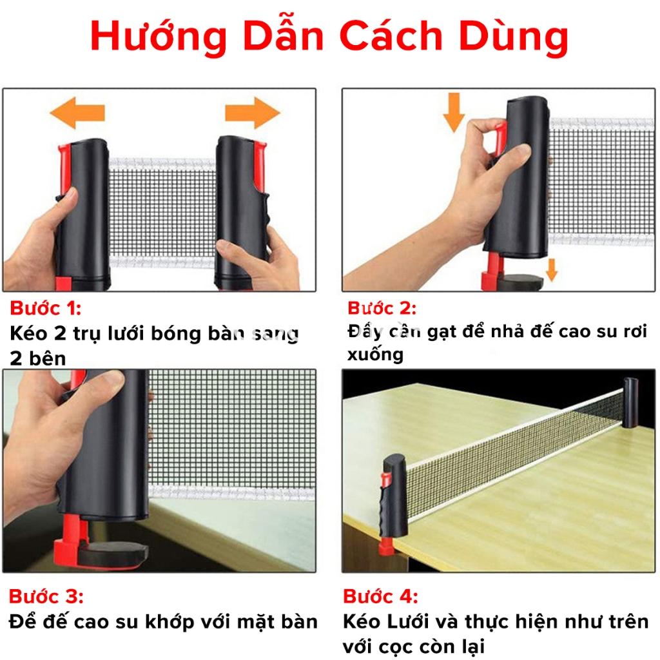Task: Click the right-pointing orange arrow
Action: tap(252, 113)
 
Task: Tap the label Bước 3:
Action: tap(46, 594)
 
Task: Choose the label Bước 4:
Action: tap(381, 594)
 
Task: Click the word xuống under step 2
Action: tap(375, 354)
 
